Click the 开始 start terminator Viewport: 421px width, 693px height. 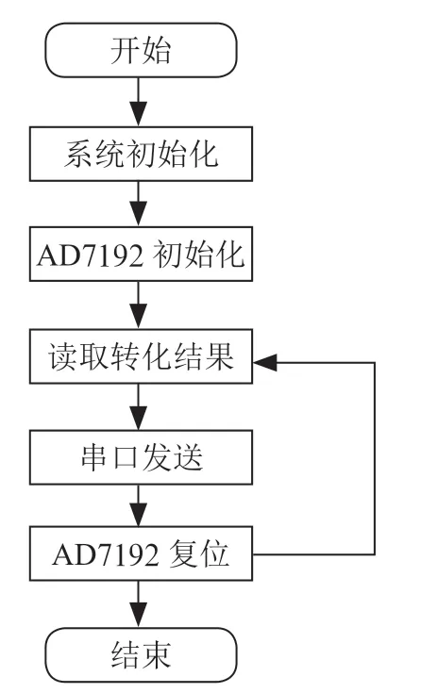pos(141,50)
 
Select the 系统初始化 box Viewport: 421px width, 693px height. pos(141,154)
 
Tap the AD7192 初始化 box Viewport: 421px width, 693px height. pos(141,255)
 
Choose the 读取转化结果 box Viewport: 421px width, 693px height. pos(141,356)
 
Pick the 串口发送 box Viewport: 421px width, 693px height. pos(141,457)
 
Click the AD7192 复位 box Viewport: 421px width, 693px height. pos(141,553)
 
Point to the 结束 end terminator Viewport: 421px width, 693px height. pos(141,655)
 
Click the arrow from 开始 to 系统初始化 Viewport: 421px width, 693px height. pos(139,102)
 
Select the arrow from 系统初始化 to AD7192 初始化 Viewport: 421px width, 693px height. pos(139,204)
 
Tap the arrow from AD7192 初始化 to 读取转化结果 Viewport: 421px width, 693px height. pos(139,305)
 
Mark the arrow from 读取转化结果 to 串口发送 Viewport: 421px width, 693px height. pos(139,406)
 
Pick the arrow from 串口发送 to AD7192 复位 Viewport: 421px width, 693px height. pos(139,505)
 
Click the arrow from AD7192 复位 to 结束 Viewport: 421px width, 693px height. pos(139,604)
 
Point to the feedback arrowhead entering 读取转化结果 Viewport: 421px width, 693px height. pos(264,363)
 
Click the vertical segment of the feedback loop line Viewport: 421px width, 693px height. pos(375,458)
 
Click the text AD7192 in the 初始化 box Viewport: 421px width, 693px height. pos(91,255)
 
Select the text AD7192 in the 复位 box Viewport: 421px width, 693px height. pos(105,554)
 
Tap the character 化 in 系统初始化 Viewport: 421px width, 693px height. pos(204,155)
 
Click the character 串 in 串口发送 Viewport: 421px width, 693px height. pos(93,457)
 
